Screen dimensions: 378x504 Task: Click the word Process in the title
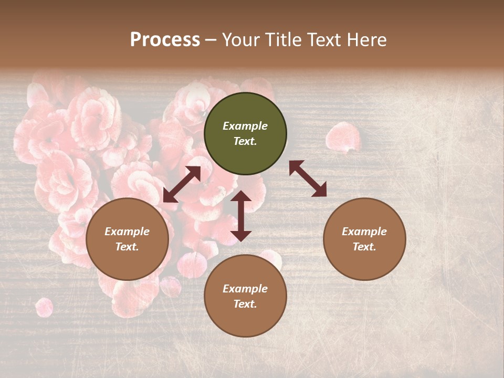point(165,40)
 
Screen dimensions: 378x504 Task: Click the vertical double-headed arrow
point(241,216)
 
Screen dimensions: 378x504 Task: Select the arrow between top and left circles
point(182,184)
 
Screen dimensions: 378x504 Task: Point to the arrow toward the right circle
point(308,178)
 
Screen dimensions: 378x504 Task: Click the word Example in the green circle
point(245,126)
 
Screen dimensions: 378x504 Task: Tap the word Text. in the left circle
point(127,247)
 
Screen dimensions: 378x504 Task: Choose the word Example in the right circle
point(364,232)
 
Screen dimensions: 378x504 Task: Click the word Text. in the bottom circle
point(245,304)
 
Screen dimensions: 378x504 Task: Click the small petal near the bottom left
point(44,307)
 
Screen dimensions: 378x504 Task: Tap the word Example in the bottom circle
point(245,289)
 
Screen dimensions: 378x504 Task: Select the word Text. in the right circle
point(364,247)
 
